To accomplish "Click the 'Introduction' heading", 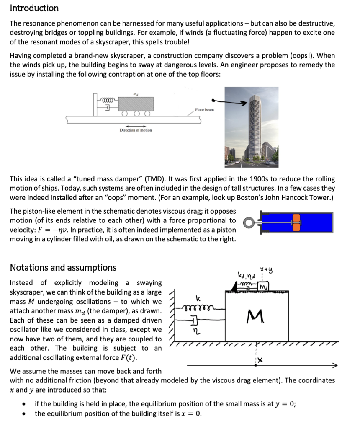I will coord(34,8).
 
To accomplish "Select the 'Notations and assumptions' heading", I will coord(63,267).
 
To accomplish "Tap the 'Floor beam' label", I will coord(204,109).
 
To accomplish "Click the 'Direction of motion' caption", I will coord(136,130).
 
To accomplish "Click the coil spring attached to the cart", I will coord(108,100).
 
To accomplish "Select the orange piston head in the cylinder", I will coord(297,222).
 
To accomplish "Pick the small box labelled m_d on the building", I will coord(264,287).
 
